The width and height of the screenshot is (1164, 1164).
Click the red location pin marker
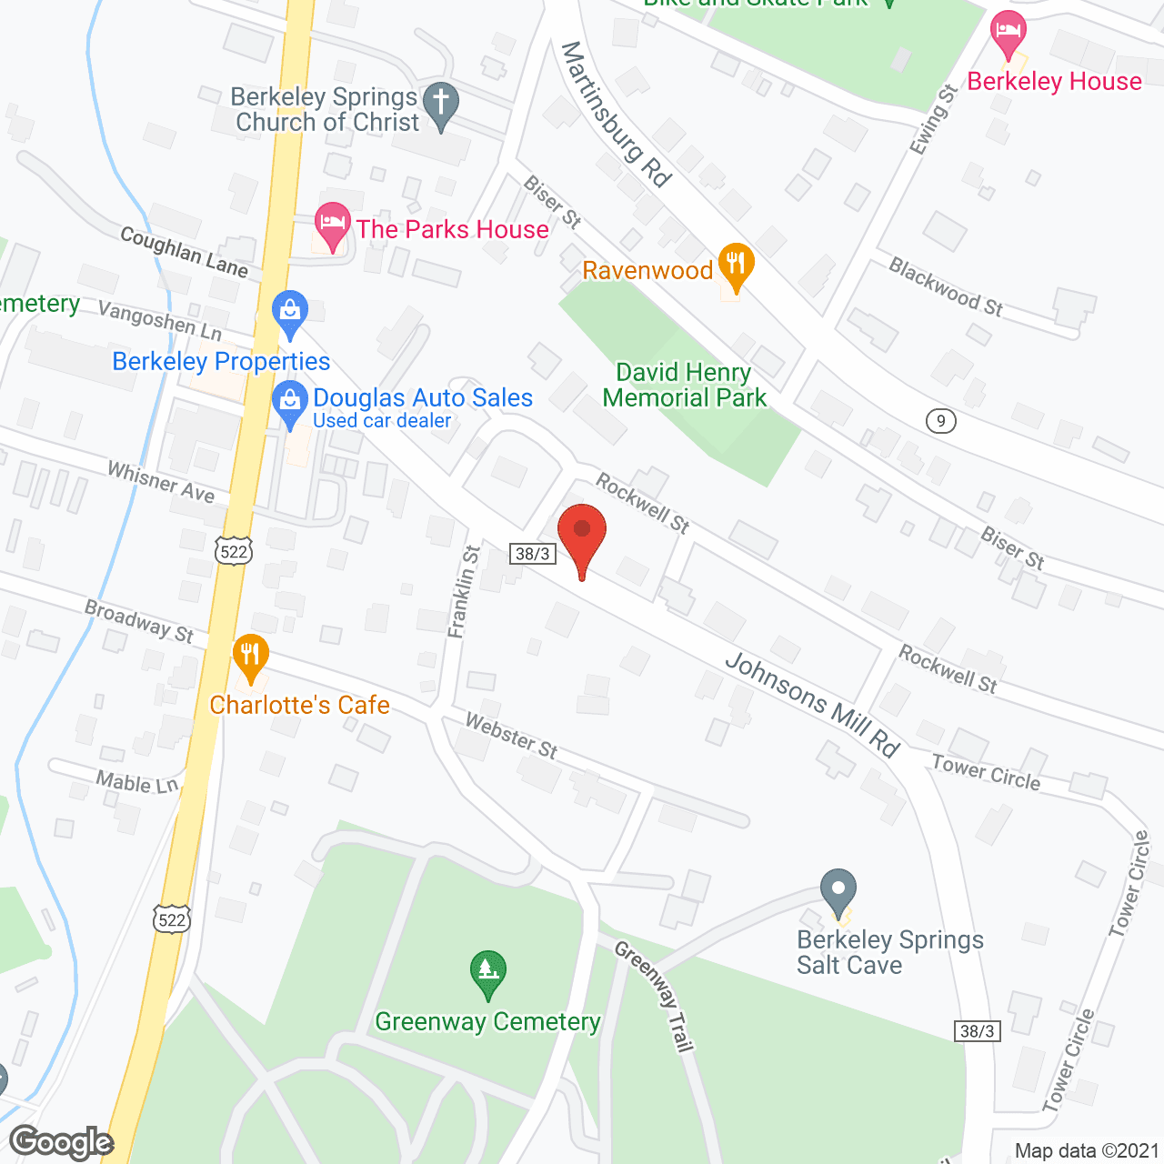point(581,532)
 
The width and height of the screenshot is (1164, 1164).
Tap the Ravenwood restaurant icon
point(736,265)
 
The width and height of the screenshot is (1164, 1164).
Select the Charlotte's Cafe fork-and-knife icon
point(250,656)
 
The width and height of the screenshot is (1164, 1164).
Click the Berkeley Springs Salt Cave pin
point(838,890)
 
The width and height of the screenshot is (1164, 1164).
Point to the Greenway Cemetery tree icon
point(488,973)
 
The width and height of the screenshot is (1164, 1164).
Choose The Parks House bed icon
point(333,224)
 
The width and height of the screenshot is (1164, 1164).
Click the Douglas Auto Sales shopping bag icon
point(290,403)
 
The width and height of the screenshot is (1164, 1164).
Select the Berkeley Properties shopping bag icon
point(290,312)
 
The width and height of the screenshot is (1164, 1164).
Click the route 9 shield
point(941,421)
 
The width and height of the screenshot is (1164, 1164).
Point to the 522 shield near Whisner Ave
point(234,551)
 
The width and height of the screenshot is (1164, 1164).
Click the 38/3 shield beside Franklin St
point(532,554)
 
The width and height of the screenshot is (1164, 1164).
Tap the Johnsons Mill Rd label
point(812,705)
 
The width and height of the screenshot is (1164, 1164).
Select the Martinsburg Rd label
point(616,114)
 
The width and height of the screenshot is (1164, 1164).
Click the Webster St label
point(511,735)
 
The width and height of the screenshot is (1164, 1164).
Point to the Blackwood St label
point(946,287)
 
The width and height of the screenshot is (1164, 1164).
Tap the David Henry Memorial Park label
point(684,385)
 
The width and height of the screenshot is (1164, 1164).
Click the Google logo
point(62,1142)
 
